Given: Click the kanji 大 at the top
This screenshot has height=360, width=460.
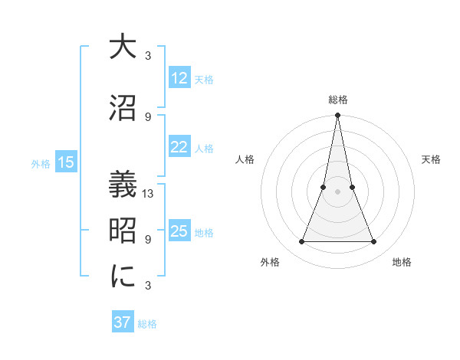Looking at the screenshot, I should [x=123, y=47].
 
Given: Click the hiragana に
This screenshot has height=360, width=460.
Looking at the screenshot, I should [x=123, y=277].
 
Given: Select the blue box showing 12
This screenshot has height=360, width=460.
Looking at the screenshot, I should [x=179, y=78].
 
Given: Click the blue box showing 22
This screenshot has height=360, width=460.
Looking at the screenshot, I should [x=179, y=147].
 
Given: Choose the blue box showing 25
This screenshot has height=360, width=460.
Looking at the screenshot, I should [x=179, y=231].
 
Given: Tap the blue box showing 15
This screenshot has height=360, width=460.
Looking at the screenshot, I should [x=66, y=162].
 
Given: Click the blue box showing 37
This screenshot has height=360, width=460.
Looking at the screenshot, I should [x=122, y=322].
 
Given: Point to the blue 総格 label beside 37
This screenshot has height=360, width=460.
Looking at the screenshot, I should [x=147, y=324].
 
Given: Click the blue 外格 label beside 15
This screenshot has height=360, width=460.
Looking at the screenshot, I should [x=41, y=163].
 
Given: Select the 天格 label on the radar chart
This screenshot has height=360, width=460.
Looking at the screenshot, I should [x=431, y=159].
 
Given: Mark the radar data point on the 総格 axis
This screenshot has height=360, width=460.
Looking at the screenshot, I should [x=337, y=116].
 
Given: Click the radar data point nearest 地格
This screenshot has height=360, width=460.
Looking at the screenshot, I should [x=374, y=242].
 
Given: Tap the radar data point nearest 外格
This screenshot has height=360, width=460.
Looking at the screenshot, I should [x=301, y=242].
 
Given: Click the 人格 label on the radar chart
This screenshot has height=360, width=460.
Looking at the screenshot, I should [x=245, y=159].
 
